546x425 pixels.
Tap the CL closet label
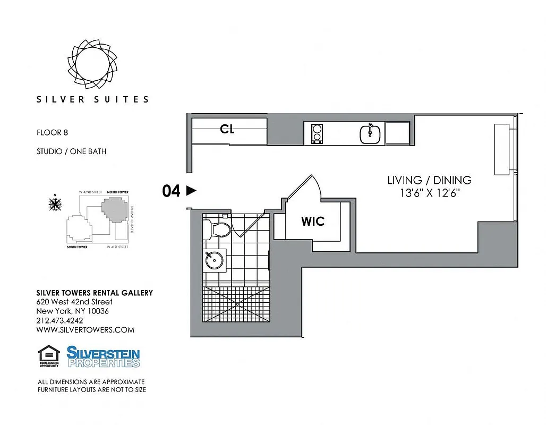(227, 129)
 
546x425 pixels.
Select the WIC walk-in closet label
(312, 221)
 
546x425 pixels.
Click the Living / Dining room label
(429, 180)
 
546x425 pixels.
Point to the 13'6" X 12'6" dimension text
(429, 193)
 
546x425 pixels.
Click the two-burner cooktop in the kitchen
(317, 133)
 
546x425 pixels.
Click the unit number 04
(172, 191)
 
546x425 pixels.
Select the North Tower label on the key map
(117, 192)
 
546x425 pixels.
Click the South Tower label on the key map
(77, 247)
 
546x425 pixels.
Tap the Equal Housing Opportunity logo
(48, 356)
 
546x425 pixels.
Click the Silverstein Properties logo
(103, 356)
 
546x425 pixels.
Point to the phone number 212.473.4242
(59, 320)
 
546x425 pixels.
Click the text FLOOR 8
(52, 133)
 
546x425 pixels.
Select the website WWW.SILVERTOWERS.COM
(85, 330)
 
